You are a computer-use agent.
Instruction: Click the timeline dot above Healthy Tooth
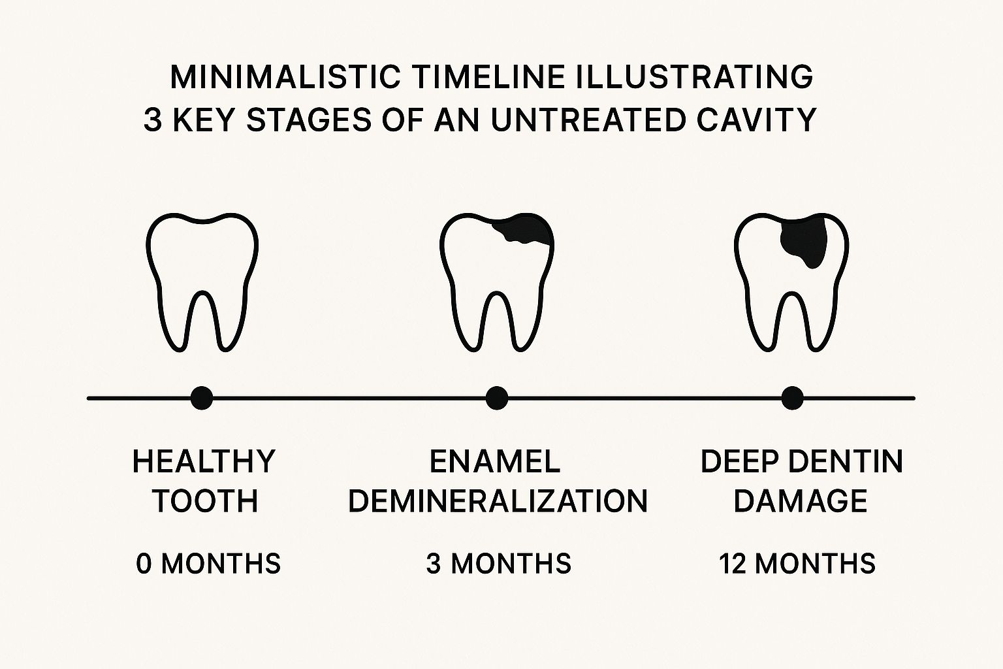click(202, 398)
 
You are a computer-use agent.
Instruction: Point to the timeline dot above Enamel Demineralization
click(497, 398)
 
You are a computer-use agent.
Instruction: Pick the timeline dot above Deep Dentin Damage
click(792, 398)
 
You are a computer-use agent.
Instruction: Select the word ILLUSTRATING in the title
click(695, 77)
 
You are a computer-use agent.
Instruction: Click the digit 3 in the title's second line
click(153, 120)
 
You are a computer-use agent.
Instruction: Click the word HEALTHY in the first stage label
click(204, 461)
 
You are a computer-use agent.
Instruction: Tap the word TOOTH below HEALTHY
click(206, 500)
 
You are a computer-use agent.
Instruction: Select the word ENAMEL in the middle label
click(495, 461)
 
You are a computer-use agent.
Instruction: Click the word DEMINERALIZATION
click(498, 500)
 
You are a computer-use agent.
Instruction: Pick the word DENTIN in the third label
click(846, 461)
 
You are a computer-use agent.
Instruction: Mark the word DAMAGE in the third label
click(801, 500)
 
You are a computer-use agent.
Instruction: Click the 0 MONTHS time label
click(208, 563)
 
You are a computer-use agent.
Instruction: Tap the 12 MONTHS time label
click(797, 563)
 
